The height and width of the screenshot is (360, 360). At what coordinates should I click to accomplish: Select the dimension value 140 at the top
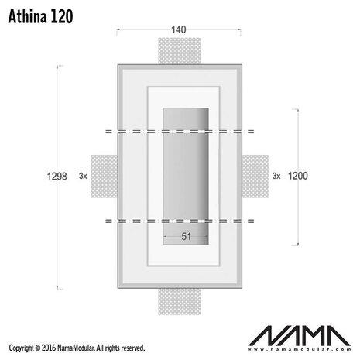coord(180,30)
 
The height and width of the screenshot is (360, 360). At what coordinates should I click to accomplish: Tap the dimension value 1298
coord(46,176)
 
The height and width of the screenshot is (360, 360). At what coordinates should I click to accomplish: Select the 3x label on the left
coord(83,177)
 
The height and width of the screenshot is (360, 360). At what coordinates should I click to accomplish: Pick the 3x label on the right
coord(276,177)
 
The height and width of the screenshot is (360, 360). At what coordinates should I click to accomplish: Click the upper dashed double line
coord(180,132)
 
